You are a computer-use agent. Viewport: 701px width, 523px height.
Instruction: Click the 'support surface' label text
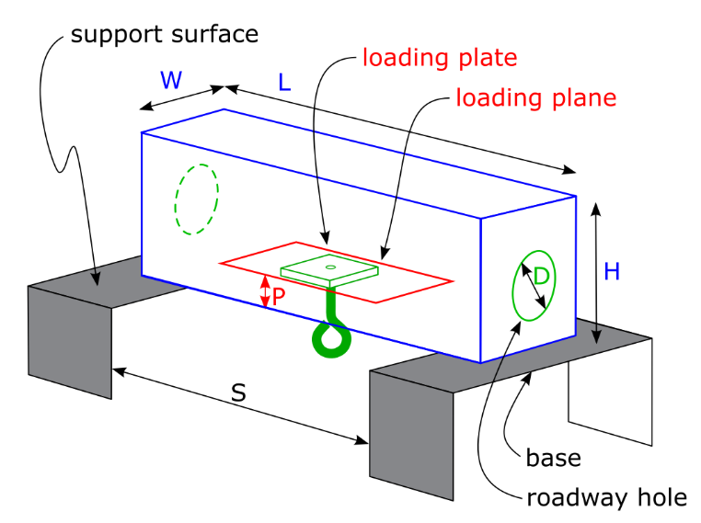click(164, 36)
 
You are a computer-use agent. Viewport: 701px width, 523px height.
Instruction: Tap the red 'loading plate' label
click(440, 59)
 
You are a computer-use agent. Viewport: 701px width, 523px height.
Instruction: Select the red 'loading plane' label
click(535, 97)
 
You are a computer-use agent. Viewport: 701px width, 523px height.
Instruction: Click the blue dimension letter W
click(172, 79)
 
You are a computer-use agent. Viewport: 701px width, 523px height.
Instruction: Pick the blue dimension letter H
click(612, 271)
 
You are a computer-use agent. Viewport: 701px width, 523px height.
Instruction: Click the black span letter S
click(238, 392)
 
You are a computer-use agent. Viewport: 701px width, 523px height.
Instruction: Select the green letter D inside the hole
click(542, 276)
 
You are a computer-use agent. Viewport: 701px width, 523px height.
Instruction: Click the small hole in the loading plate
click(329, 267)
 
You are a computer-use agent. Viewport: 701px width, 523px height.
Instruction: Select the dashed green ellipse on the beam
click(197, 199)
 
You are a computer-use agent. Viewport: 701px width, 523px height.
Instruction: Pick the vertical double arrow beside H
click(597, 272)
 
